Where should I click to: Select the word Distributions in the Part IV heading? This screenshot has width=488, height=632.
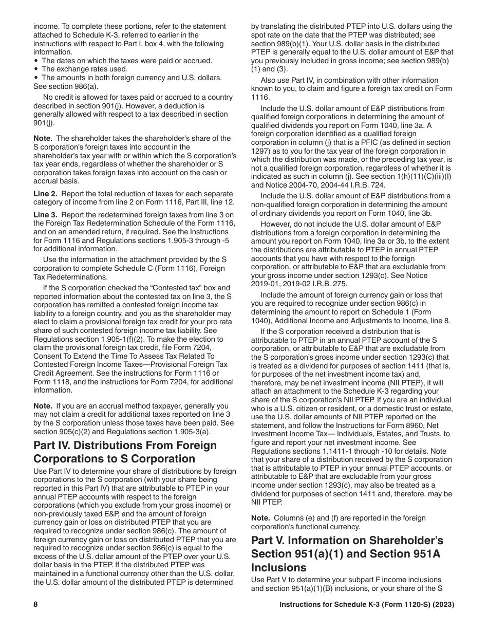click(x=106, y=445)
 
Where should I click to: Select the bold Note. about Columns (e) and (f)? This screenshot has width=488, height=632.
click(x=261, y=518)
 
